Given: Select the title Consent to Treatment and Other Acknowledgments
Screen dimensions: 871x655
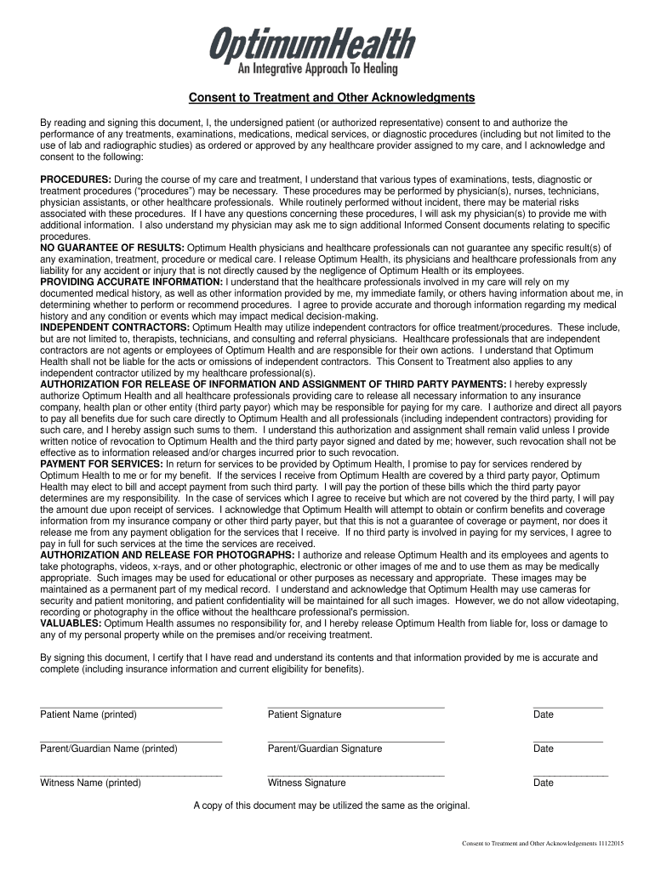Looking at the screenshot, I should [332, 98].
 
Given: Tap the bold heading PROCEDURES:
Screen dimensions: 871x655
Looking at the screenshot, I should [76, 179].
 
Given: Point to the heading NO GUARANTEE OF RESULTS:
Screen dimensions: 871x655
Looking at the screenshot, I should [112, 248].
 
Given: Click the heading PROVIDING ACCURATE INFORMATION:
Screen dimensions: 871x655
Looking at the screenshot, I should [132, 282].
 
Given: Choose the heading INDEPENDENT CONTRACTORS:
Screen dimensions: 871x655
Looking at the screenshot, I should [116, 327].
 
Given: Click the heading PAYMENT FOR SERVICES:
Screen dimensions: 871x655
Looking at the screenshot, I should [102, 464].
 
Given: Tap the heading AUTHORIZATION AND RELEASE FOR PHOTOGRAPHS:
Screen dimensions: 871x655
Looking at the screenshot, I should [168, 555].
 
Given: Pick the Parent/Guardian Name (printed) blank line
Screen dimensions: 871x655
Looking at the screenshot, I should [131, 741].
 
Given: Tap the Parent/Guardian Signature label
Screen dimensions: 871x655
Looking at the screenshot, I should [325, 749].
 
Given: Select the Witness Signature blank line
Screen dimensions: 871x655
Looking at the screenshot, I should [356, 775].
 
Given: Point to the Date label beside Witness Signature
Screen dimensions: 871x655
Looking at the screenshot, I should [544, 783].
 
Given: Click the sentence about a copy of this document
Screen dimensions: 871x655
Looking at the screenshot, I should [331, 805].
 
